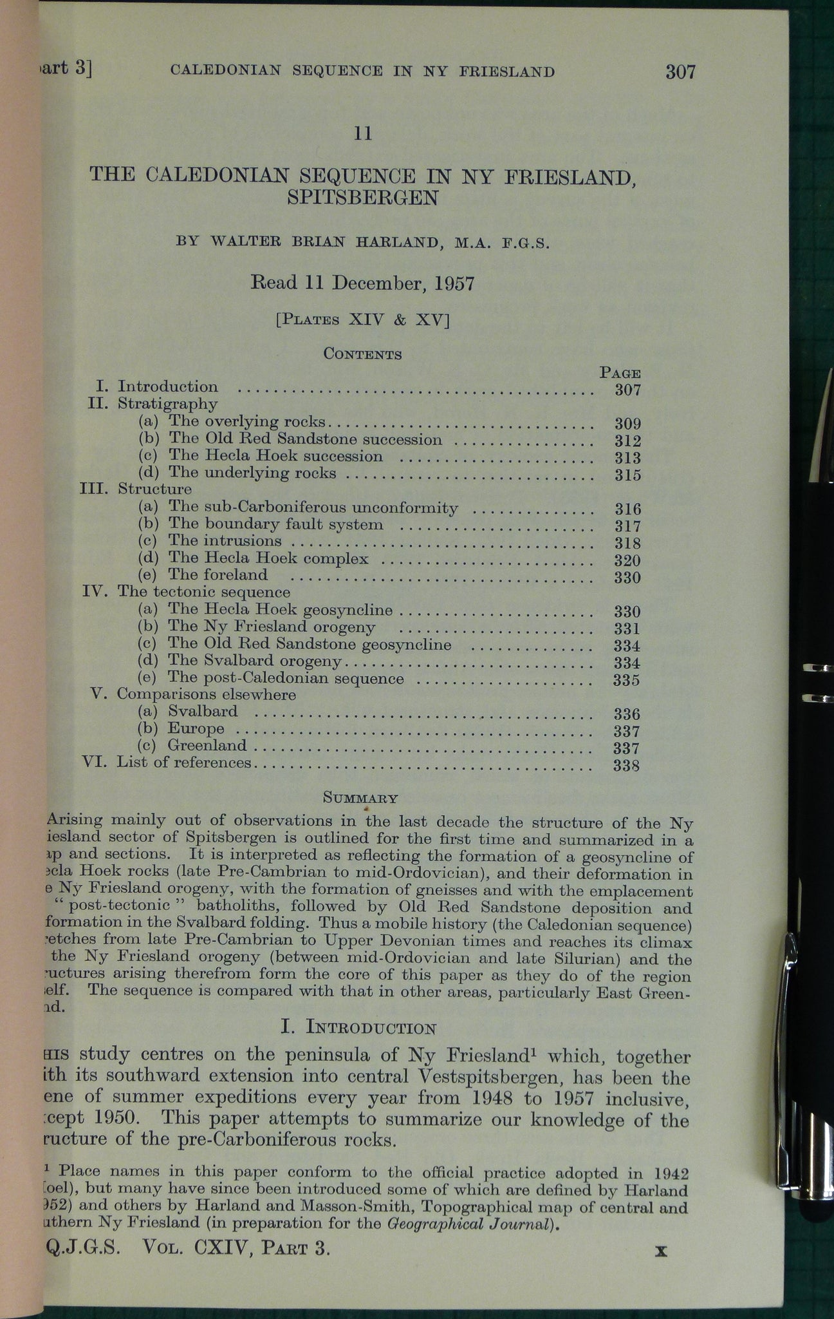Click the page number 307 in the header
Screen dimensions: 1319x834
click(680, 71)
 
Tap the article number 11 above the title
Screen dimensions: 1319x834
click(363, 133)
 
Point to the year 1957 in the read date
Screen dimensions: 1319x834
click(453, 283)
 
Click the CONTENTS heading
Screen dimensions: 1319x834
click(363, 354)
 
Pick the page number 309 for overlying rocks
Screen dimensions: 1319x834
click(627, 423)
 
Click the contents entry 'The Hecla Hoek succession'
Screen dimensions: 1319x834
click(275, 457)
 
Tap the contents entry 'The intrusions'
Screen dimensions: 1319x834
click(225, 541)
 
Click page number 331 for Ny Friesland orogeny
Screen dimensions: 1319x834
click(627, 629)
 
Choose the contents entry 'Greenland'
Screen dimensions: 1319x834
click(207, 746)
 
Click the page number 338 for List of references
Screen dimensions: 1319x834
click(627, 766)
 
